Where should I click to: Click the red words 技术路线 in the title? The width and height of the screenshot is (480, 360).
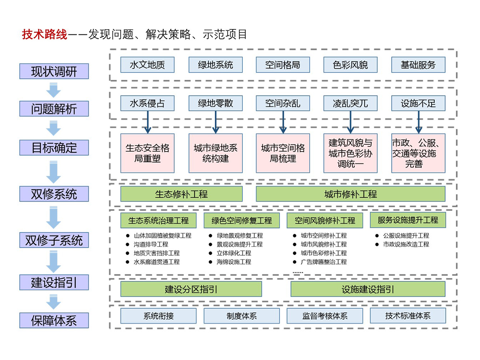coord(44,35)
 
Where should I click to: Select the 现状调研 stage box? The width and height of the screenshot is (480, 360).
coord(54,71)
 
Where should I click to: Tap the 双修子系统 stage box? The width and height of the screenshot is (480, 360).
coord(54,240)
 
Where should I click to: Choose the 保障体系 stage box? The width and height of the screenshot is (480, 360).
coord(54,320)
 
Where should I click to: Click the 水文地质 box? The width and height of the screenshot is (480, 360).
coord(147,64)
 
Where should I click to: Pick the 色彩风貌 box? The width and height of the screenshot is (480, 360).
coord(350,64)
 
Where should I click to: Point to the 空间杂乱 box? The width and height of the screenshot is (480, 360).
coord(283,103)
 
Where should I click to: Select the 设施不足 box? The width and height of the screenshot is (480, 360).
coord(418,103)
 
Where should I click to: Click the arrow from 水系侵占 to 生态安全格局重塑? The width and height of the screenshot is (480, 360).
coord(148,122)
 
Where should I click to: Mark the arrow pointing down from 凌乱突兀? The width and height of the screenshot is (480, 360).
coord(350,122)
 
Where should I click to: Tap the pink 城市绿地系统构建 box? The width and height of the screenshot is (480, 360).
coord(215,153)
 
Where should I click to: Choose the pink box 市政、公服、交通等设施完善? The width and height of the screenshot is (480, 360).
coord(418,153)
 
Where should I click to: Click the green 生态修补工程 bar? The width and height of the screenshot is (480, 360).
coord(181,194)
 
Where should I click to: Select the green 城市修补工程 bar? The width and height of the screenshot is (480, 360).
coord(350,194)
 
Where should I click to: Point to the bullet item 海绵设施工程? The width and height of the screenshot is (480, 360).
coord(234,262)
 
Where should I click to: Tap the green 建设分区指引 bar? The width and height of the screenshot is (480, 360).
coord(191,289)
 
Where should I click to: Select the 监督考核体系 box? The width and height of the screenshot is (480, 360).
coord(324,316)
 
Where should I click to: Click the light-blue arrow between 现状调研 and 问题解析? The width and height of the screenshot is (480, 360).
coord(54,90)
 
